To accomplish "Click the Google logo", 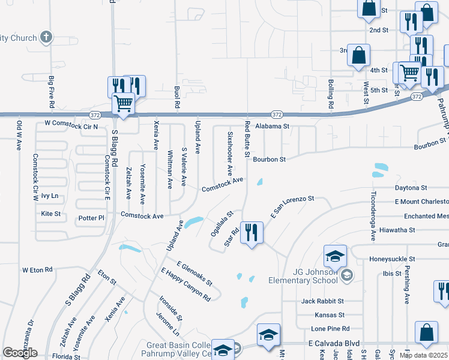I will (x=20, y=353).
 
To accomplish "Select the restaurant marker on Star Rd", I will (x=252, y=233).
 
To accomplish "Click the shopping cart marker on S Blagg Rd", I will (x=124, y=103).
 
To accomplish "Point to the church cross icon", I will (x=46, y=37).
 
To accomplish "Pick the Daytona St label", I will (x=411, y=188).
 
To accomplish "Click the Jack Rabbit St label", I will (x=322, y=301).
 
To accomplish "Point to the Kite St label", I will (x=51, y=213).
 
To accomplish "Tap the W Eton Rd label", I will (x=37, y=270).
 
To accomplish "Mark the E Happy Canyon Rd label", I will (x=185, y=284).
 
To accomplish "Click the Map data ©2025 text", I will (x=424, y=355).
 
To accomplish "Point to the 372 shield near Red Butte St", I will (x=276, y=114).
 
